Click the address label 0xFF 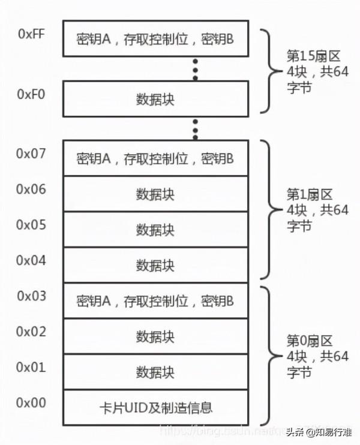[31, 34]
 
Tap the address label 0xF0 [31, 95]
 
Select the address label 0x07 [31, 154]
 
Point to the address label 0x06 [31, 189]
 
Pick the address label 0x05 [31, 225]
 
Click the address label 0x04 [31, 260]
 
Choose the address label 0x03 [31, 296]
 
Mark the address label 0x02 [31, 331]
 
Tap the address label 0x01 [31, 367]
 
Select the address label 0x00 [31, 402]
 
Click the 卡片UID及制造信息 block [155, 408]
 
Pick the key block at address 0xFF [155, 39]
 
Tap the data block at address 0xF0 [155, 100]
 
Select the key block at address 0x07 [155, 158]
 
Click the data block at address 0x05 [155, 229]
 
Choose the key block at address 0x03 [155, 301]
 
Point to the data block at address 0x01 [155, 372]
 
